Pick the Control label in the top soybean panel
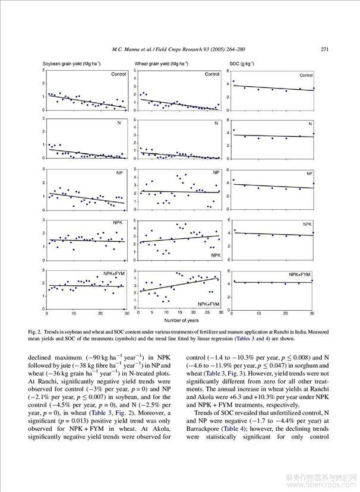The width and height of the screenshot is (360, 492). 119,74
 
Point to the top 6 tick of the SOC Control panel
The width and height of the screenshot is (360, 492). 228,70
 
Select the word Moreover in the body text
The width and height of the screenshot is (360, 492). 150,412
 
